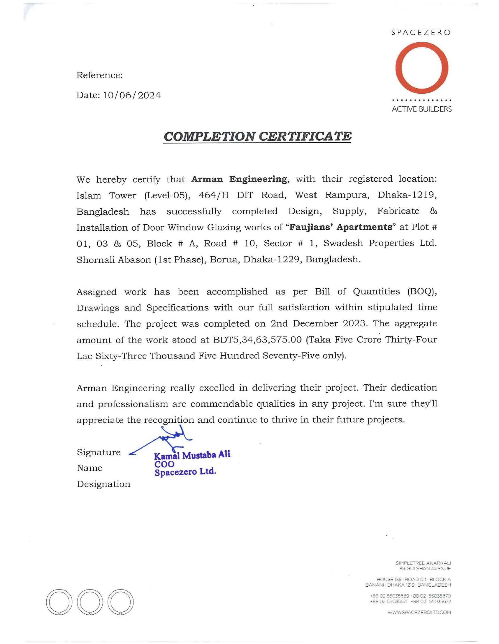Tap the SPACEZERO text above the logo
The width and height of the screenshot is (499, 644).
(x=421, y=33)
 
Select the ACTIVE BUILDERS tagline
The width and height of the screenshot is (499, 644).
(x=421, y=109)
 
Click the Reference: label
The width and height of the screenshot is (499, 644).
(x=99, y=75)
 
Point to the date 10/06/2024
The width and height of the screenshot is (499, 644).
(x=132, y=95)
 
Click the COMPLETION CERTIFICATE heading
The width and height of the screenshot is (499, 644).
(x=257, y=136)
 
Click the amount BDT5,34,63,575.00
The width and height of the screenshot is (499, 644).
(x=257, y=340)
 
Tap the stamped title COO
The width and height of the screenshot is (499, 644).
(x=164, y=464)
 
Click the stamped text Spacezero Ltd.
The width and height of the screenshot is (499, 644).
(x=185, y=472)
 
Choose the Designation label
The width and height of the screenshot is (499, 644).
(x=103, y=484)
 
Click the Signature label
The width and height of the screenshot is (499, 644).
(x=99, y=452)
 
